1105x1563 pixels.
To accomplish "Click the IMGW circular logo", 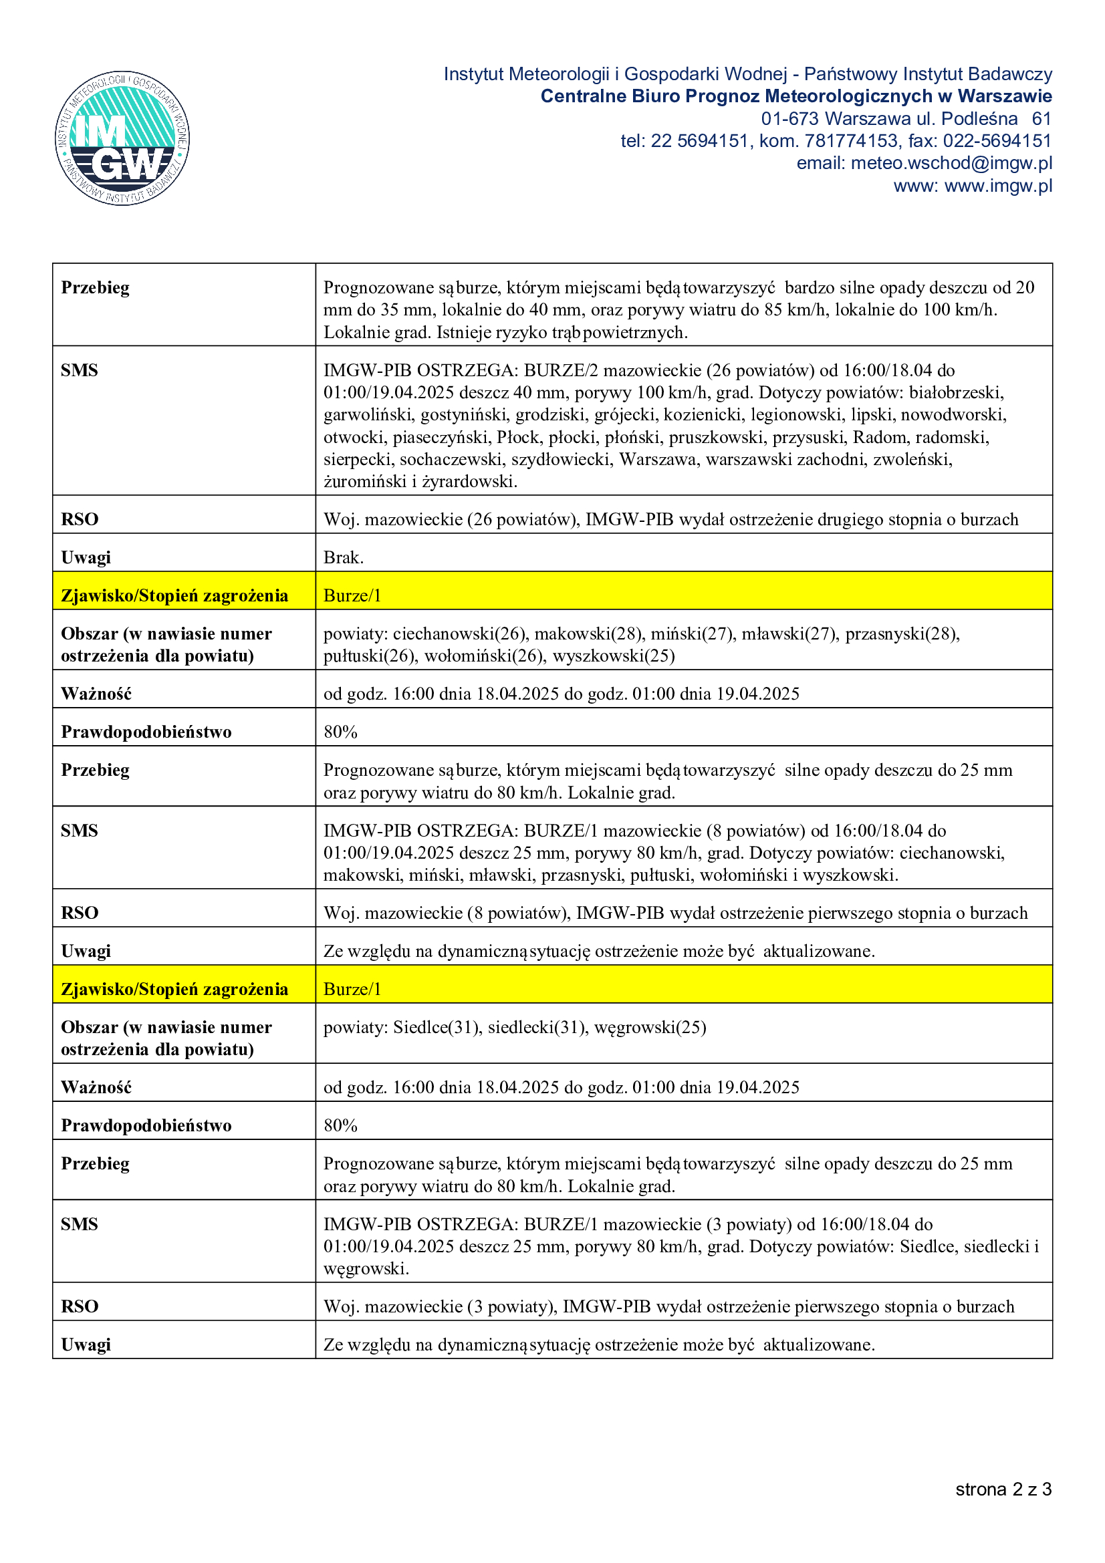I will point(122,138).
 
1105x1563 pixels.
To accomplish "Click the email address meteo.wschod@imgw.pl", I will point(951,163).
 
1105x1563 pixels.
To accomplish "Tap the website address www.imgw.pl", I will point(998,186).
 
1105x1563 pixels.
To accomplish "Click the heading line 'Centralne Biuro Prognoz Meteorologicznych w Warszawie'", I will point(796,96).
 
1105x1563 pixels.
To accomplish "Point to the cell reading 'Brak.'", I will point(344,557).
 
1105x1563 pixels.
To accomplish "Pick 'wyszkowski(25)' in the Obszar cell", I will point(614,656).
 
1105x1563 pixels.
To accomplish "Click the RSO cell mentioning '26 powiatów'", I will point(670,519).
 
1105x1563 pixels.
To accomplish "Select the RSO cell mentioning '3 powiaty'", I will point(668,1306).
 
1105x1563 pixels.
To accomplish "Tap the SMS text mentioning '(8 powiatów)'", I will point(664,852).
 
